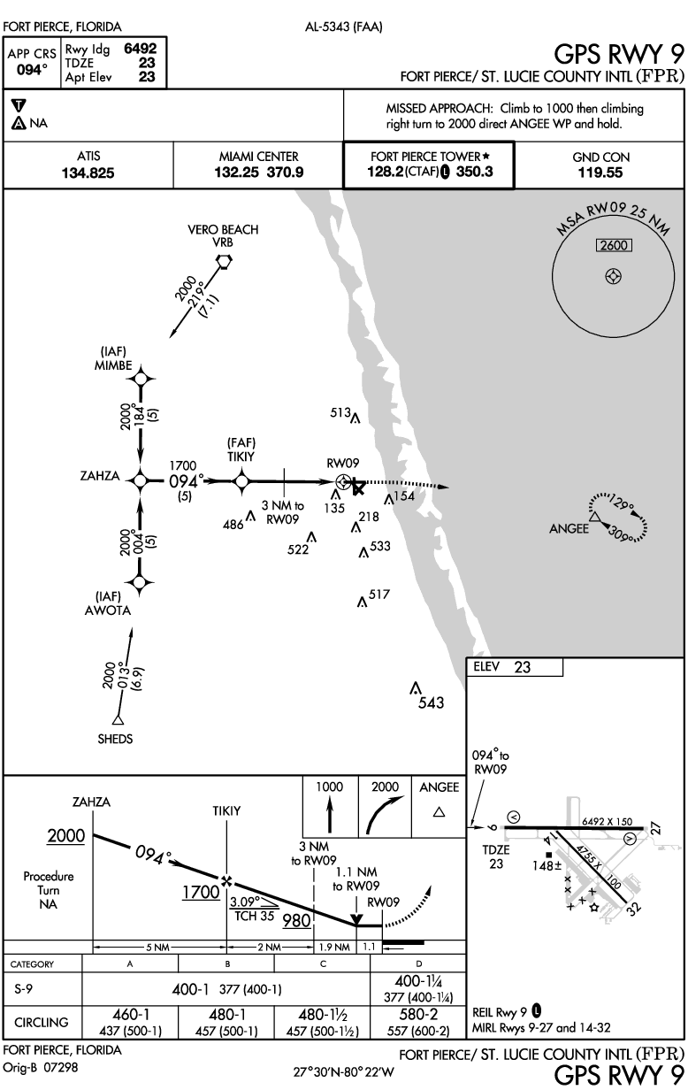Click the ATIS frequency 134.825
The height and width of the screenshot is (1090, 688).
[88, 173]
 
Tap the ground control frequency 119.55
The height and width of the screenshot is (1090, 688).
[600, 173]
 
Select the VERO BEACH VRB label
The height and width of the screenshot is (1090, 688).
[223, 236]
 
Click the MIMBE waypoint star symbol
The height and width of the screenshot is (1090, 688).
[139, 379]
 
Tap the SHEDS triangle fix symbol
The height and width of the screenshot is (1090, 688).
[116, 718]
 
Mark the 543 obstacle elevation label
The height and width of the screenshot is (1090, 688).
[432, 703]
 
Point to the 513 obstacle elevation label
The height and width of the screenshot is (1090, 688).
[340, 411]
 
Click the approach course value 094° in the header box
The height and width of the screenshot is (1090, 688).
[32, 70]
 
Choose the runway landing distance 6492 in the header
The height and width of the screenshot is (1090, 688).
[140, 50]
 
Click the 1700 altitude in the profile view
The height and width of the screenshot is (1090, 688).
[201, 892]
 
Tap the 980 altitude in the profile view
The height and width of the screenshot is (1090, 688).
[297, 920]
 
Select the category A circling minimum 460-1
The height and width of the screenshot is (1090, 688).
[130, 1016]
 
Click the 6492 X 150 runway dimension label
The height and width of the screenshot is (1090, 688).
[608, 821]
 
